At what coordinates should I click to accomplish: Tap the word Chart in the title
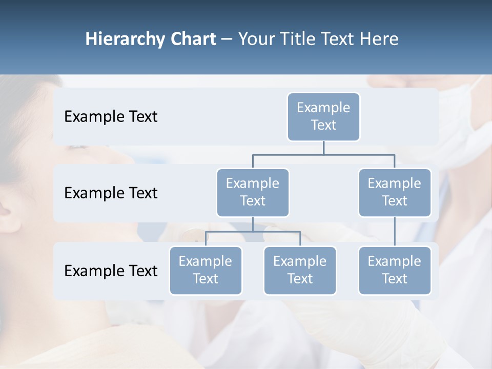coord(191,39)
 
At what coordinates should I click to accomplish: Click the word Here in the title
coord(379,39)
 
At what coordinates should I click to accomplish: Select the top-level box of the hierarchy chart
coord(323,116)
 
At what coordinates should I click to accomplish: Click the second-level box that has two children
coord(253,192)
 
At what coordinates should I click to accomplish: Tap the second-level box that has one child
coord(395,192)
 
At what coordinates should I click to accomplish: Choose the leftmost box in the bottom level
coord(206,270)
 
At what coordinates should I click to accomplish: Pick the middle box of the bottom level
coord(300,270)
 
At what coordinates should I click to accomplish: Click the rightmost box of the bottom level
coord(395,270)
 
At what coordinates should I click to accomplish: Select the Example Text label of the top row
coord(111,117)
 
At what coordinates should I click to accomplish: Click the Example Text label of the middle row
coord(111,193)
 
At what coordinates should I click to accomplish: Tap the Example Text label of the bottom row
coord(111,271)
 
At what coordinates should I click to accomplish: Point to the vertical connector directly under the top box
coord(323,148)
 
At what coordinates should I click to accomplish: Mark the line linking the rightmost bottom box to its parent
coord(395,232)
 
